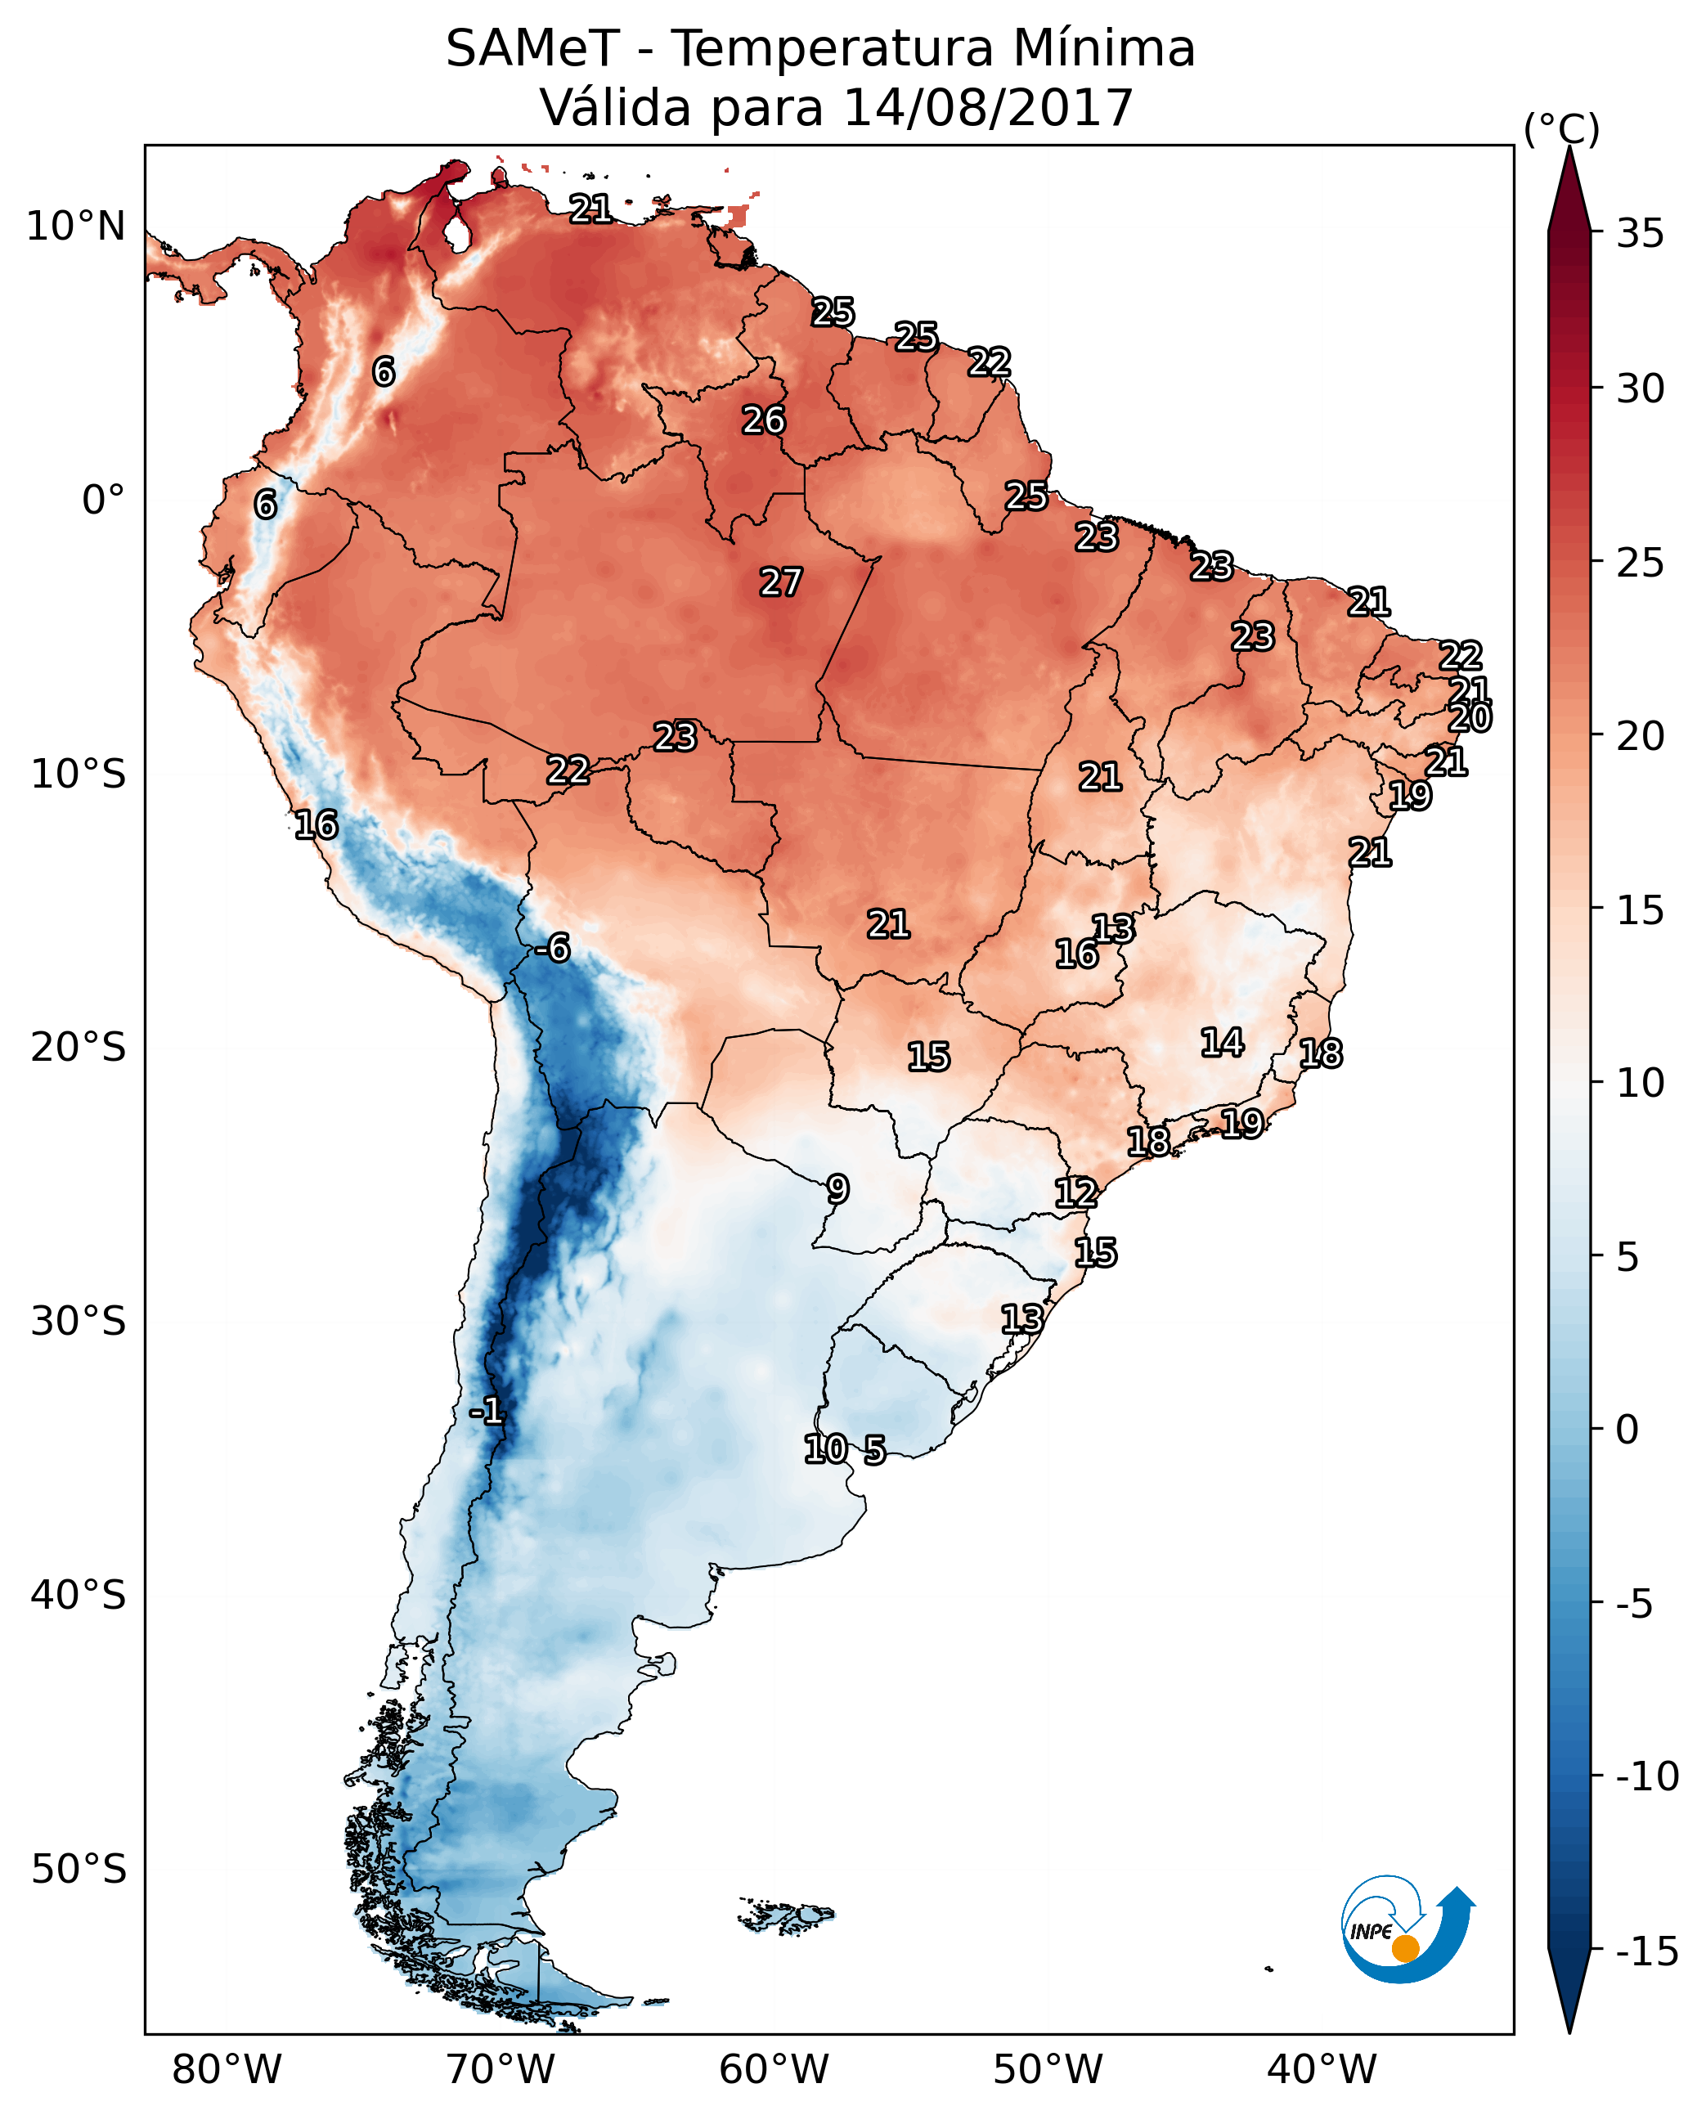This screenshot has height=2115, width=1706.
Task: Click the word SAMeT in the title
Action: (532, 49)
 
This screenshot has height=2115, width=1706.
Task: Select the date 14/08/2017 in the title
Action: (988, 108)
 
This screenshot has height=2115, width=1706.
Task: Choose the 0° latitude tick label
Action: (103, 501)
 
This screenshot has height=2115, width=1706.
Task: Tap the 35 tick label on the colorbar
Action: (1640, 234)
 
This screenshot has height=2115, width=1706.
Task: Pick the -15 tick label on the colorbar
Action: (1647, 1951)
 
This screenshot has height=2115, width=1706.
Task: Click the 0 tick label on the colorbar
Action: (1627, 1430)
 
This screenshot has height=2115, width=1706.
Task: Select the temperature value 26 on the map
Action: (764, 420)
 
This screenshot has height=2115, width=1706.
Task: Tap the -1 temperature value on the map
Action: (487, 1412)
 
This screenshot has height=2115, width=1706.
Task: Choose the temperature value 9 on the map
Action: (837, 1189)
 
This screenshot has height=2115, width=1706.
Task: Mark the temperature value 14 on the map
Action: (1223, 1043)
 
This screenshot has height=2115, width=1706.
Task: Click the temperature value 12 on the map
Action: (1076, 1193)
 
